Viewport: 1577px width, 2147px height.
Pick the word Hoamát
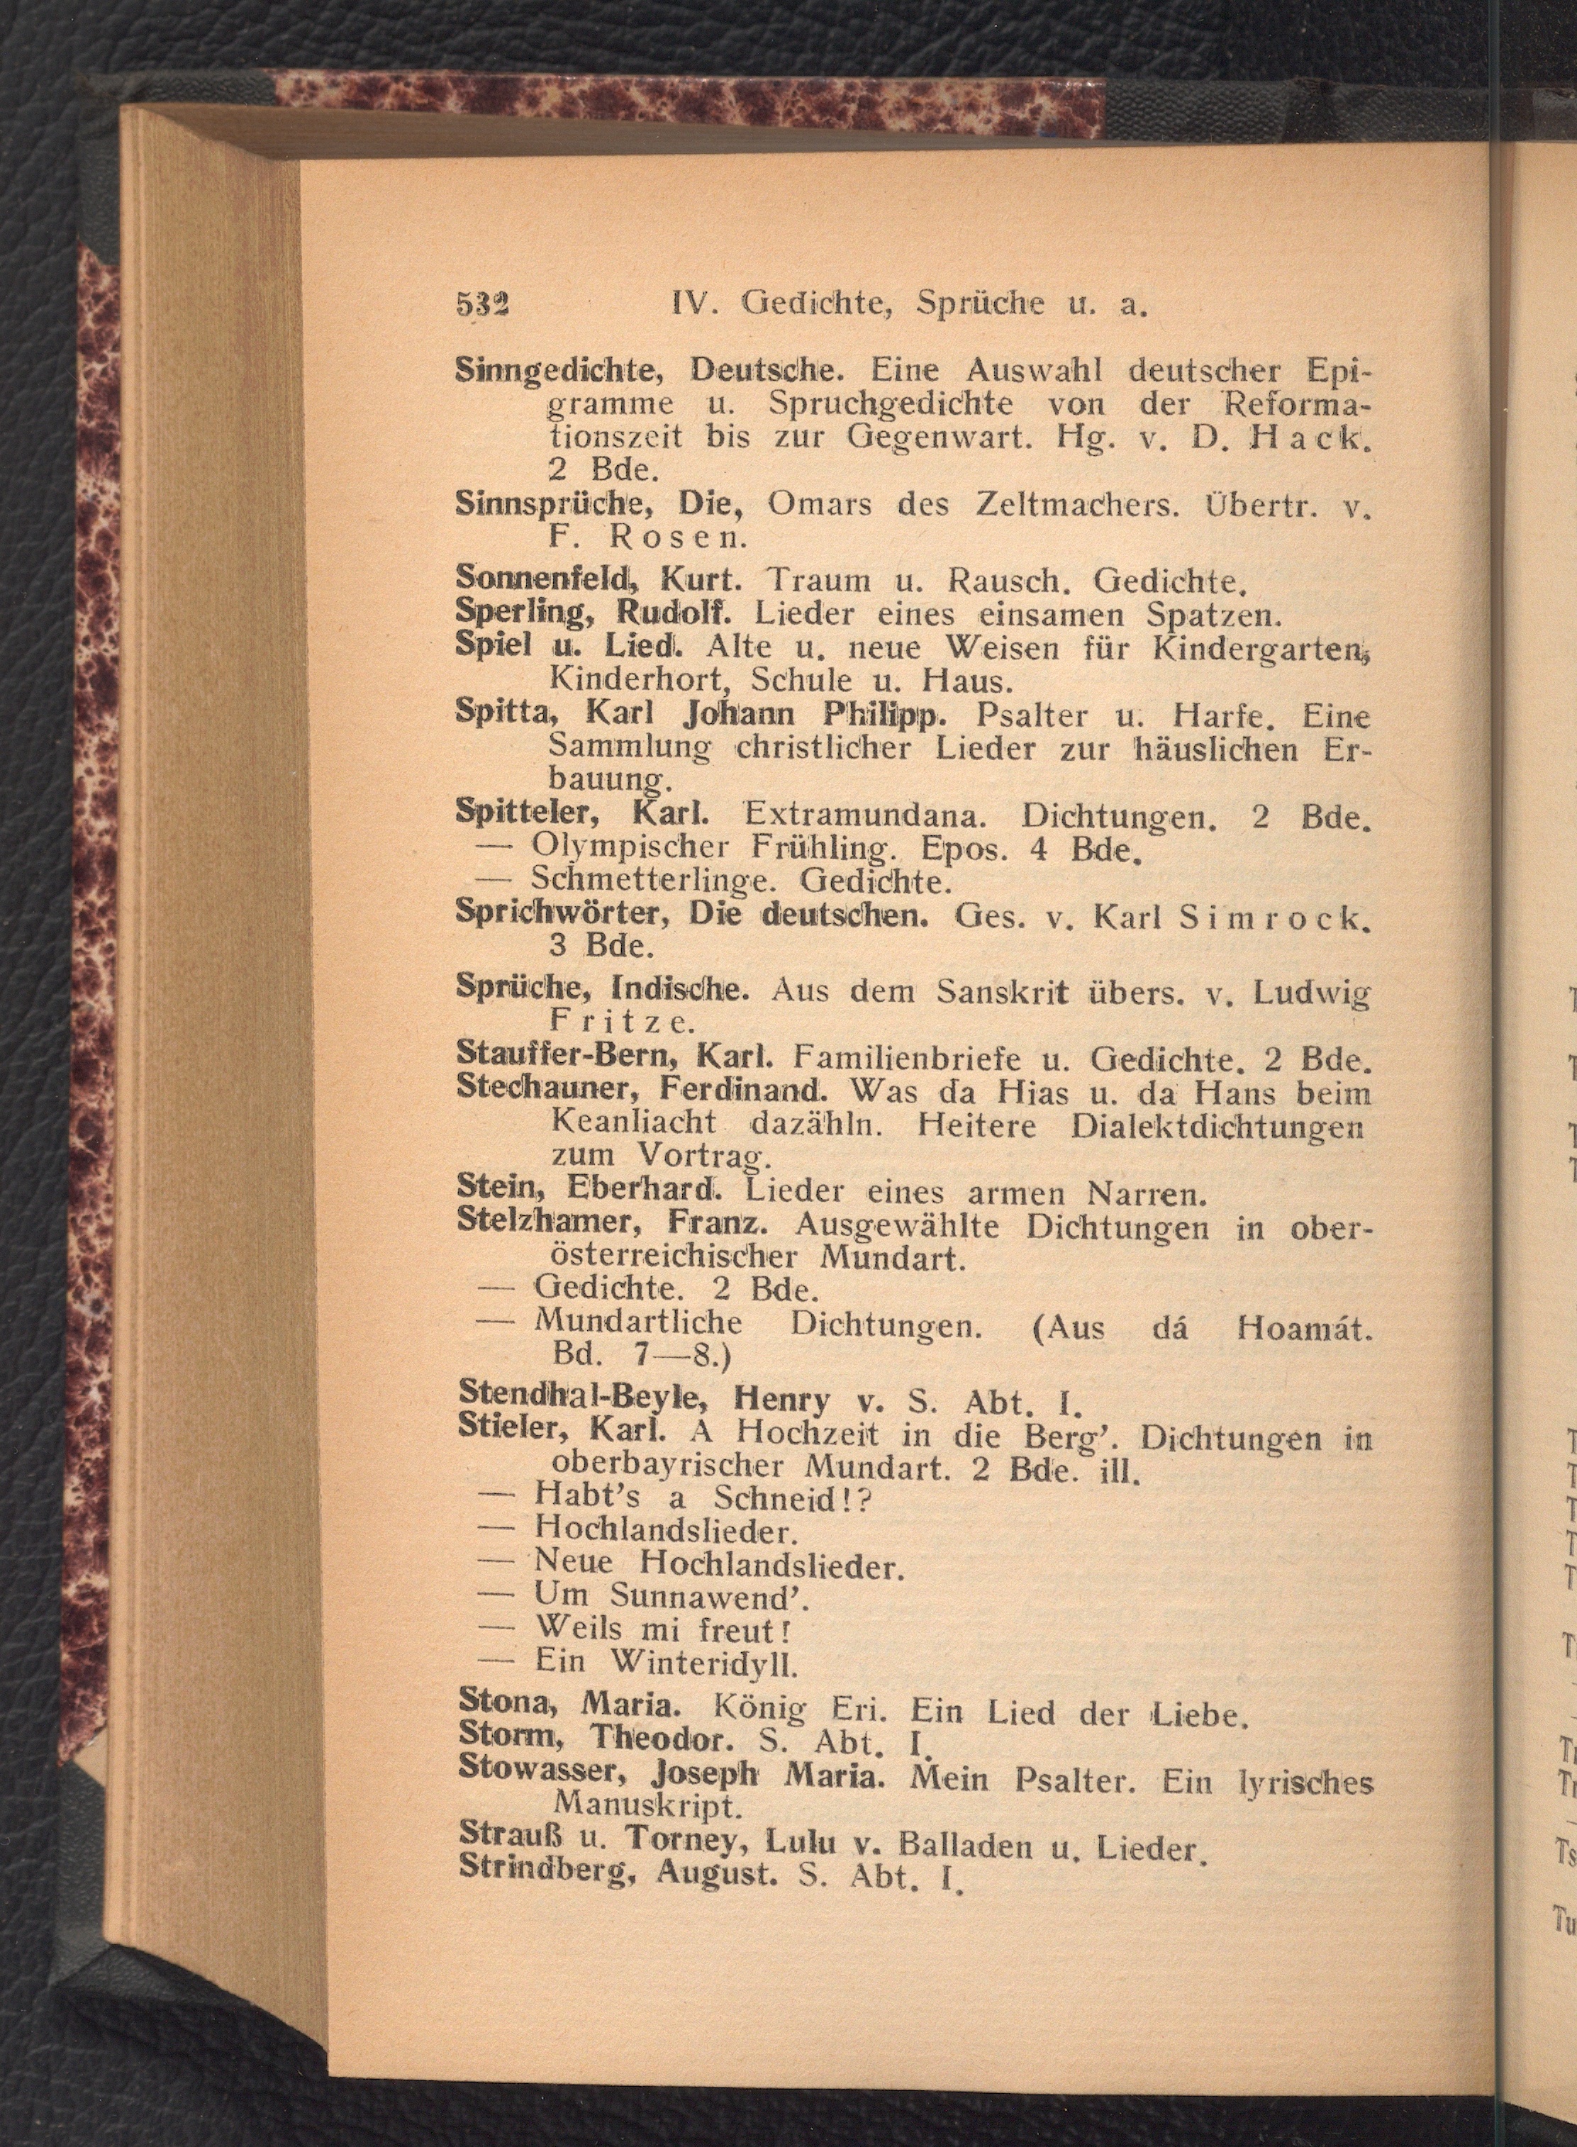(x=1304, y=1327)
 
